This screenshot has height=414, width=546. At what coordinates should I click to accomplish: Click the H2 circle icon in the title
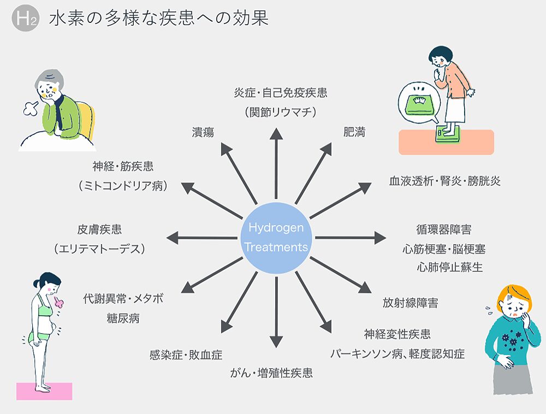click(x=25, y=19)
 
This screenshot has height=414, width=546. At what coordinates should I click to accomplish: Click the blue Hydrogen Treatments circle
click(x=276, y=238)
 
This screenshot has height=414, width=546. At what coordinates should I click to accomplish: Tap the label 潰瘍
click(x=203, y=132)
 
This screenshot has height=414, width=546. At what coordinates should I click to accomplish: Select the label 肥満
click(x=354, y=132)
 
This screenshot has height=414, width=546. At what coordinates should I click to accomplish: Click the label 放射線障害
click(x=410, y=303)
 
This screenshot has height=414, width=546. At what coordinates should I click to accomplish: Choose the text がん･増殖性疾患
click(x=271, y=374)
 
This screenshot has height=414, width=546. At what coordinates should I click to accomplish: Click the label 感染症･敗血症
click(x=186, y=355)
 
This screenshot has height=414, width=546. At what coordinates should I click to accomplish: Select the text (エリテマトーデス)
click(x=100, y=249)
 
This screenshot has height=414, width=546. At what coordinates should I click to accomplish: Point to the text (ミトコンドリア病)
click(x=123, y=186)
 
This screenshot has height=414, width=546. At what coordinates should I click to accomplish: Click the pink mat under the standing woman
click(x=44, y=391)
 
